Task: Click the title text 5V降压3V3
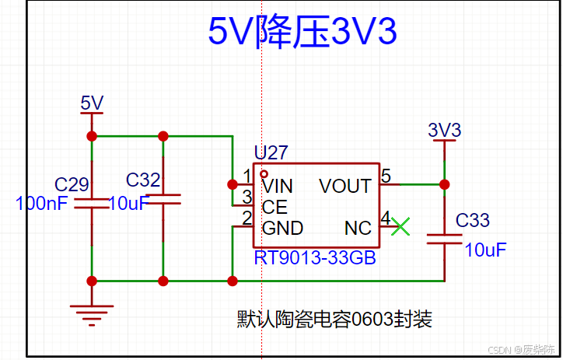[302, 32]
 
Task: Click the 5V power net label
[92, 103]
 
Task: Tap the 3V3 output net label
[445, 130]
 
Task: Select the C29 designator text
[72, 184]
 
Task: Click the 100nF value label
[43, 204]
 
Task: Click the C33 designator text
[473, 221]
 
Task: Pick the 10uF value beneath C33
[485, 250]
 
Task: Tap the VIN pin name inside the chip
[278, 187]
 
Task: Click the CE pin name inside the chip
[275, 207]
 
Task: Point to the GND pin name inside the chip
[282, 228]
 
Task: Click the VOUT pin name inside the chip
[344, 187]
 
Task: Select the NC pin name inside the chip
[358, 228]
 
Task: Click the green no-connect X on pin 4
[400, 226]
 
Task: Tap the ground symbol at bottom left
[92, 312]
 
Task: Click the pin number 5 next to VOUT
[386, 177]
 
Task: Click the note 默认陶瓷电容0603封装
[334, 319]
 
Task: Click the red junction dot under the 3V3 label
[444, 185]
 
